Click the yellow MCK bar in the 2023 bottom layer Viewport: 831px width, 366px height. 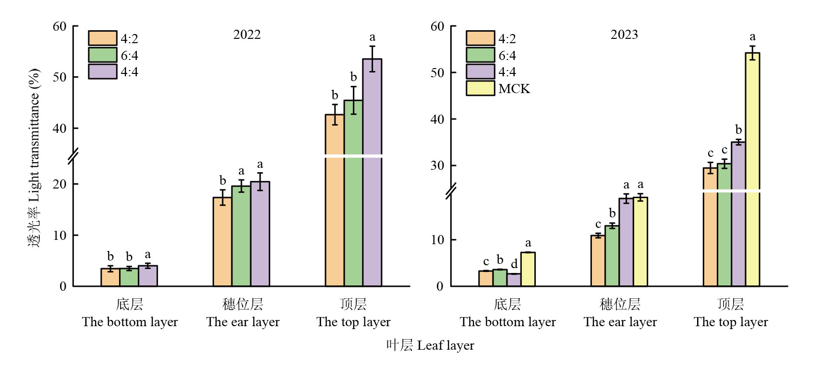[x=528, y=269]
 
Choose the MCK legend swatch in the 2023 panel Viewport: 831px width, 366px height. [x=480, y=88]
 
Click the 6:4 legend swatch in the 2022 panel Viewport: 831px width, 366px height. [x=102, y=55]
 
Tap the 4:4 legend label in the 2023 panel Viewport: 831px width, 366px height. [x=507, y=72]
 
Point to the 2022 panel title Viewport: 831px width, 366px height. [x=247, y=35]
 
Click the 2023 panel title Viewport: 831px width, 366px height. [x=624, y=35]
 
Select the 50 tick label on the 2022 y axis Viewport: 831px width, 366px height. [x=60, y=77]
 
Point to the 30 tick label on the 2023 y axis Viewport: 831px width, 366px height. [x=437, y=165]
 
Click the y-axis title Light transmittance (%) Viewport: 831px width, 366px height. [x=34, y=158]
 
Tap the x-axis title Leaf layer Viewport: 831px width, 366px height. [x=430, y=345]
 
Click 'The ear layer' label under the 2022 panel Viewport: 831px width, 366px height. [x=243, y=322]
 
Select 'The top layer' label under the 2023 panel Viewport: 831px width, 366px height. [x=731, y=322]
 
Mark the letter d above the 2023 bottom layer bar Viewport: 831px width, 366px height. [x=514, y=264]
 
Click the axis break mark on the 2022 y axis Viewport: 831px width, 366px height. [x=73, y=156]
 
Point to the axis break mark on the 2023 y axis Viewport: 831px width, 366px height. [x=451, y=191]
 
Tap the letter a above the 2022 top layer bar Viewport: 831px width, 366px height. [x=372, y=37]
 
